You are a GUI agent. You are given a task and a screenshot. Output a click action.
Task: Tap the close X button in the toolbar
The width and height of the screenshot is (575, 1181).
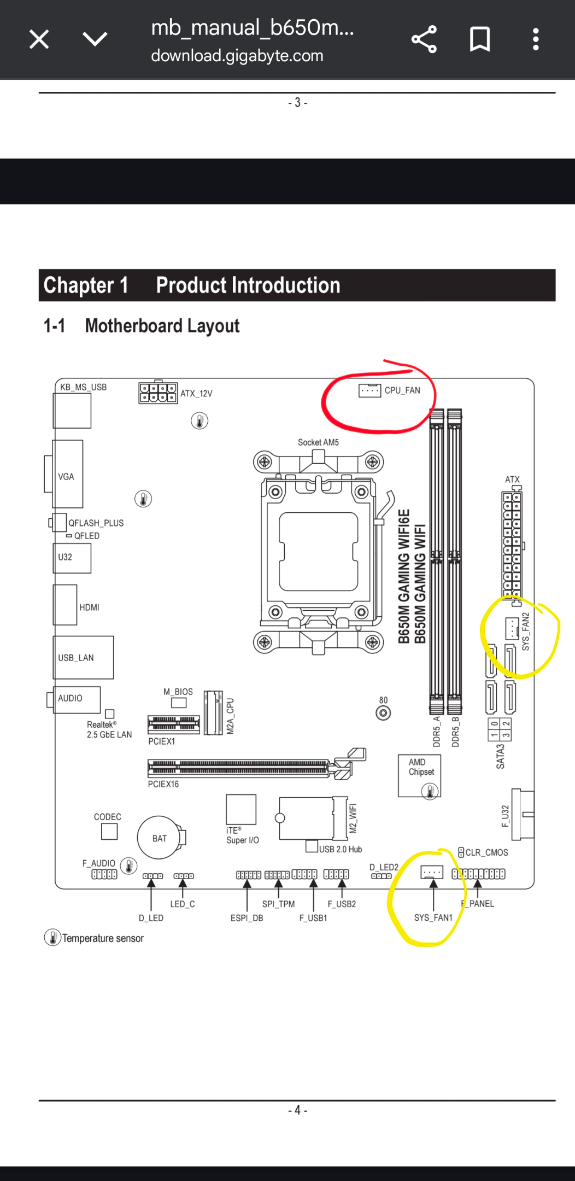coord(39,39)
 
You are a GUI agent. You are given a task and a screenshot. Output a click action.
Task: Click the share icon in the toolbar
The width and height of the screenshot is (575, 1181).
coord(424,39)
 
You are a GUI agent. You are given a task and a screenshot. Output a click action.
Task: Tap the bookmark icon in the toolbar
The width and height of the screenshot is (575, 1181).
coord(480,39)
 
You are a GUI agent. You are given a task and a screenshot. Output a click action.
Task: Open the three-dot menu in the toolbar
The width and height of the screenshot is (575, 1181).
coord(536,39)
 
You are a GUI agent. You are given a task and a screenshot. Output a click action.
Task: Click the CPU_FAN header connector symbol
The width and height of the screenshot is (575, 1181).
coord(370,390)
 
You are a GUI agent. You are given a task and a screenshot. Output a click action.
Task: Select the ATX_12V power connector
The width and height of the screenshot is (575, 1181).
coord(158,393)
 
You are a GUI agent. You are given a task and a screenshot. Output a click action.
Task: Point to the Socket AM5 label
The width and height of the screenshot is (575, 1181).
coord(318,442)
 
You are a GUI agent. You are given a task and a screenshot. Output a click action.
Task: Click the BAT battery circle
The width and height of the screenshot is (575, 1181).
coord(159,838)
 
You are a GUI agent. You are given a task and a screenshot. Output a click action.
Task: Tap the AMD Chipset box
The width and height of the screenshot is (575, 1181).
coord(419,775)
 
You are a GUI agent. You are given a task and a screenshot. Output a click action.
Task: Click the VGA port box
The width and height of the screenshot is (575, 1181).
coord(68,474)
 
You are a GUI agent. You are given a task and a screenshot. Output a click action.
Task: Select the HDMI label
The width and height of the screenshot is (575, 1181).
coord(90,607)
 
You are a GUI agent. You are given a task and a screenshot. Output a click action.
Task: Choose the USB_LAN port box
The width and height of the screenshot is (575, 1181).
coord(83,657)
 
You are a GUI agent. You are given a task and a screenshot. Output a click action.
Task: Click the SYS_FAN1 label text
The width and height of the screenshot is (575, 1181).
coord(433,917)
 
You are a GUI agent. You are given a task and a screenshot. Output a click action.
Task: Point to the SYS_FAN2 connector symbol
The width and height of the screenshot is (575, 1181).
coord(512,628)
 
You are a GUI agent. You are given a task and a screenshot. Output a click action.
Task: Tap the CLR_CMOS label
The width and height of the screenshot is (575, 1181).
coord(486,852)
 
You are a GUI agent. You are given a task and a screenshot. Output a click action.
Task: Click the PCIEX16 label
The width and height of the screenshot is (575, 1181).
coord(163,784)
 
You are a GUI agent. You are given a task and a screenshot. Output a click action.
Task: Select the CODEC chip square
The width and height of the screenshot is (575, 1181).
coord(109,831)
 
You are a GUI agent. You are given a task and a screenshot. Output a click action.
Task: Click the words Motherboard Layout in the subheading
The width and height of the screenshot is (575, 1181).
coord(162,326)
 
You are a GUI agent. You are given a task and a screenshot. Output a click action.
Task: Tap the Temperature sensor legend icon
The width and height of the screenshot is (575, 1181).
coord(52,938)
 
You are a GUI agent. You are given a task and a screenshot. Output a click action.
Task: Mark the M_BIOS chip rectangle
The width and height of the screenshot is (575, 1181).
coord(179,702)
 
